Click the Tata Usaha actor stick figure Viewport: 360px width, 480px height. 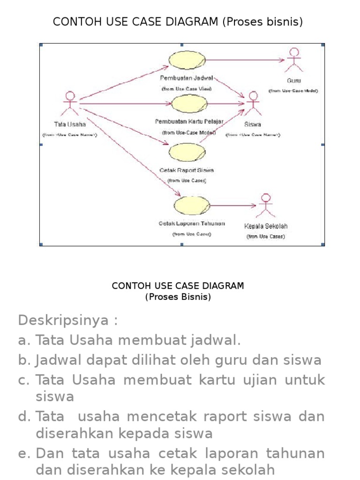tap(70, 103)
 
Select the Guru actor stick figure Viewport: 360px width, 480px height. tap(294, 59)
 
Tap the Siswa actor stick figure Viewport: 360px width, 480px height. tap(253, 104)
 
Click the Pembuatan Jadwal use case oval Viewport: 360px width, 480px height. tap(187, 60)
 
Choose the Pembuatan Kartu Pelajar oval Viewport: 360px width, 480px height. tap(188, 104)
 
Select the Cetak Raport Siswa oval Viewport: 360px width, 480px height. tap(187, 152)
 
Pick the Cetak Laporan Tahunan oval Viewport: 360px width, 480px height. tap(191, 205)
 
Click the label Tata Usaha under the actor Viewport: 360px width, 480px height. tap(70, 124)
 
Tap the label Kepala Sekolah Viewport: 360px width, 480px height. tap(266, 226)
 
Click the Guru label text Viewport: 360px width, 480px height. tap(294, 81)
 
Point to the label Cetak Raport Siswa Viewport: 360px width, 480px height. tap(187, 170)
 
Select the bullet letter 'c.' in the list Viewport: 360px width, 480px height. tap(24, 380)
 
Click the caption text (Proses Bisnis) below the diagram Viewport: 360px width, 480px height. tap(178, 297)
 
